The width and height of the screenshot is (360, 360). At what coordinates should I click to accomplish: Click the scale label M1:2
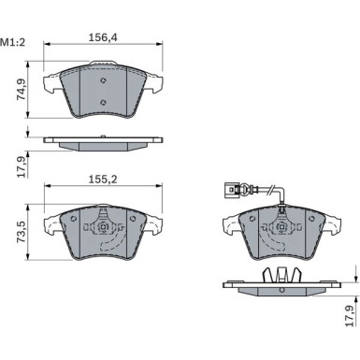tap(12, 42)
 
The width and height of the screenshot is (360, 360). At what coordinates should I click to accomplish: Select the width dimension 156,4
tap(103, 37)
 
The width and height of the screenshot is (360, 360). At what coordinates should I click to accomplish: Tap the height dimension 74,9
tap(22, 90)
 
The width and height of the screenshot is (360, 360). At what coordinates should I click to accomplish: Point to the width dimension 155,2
tap(103, 180)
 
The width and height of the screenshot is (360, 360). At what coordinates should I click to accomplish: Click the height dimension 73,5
tap(22, 232)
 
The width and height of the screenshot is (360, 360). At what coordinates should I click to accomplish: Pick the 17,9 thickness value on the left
tap(22, 167)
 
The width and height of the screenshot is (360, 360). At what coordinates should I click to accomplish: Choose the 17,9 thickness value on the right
tap(350, 316)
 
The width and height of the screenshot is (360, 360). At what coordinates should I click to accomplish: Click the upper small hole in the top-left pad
tap(104, 80)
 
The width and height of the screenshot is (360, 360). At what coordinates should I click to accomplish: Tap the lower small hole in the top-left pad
tap(104, 102)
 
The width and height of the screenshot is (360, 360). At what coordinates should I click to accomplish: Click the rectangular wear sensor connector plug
tap(228, 189)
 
